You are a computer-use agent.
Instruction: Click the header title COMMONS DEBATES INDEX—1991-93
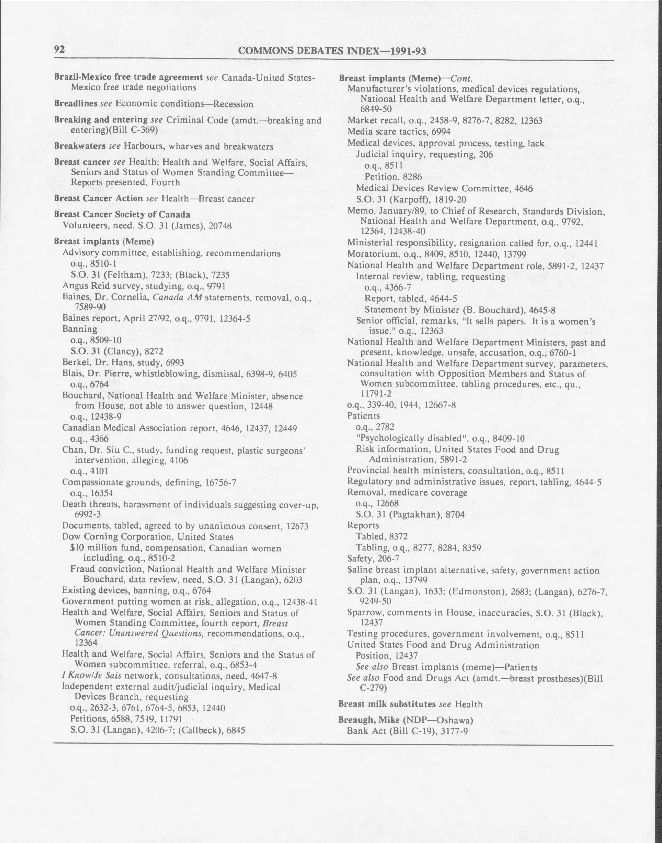click(x=332, y=51)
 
